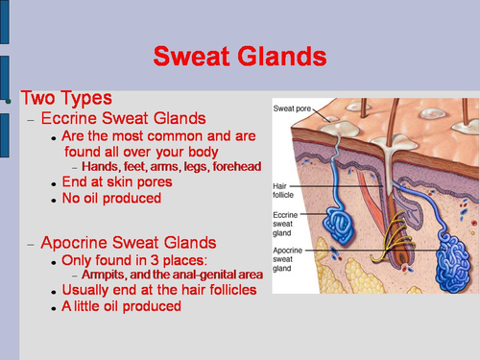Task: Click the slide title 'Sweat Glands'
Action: [239, 56]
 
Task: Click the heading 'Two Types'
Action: [66, 99]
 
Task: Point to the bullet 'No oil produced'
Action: [110, 198]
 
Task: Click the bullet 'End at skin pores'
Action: [116, 181]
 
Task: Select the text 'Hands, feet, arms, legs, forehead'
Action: [170, 167]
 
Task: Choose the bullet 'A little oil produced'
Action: [121, 306]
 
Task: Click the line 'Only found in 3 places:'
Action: [133, 260]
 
